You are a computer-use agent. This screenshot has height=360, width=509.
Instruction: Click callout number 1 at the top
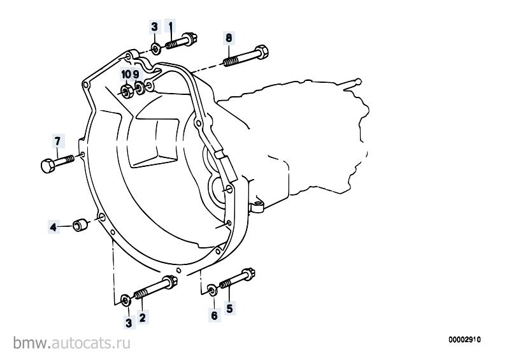(171, 26)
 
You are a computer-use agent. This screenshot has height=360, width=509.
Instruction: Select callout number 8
(229, 38)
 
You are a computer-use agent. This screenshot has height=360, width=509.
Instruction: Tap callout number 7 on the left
(57, 141)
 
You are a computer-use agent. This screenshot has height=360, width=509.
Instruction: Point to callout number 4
(54, 227)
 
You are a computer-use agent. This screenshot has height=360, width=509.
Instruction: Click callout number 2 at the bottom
(142, 317)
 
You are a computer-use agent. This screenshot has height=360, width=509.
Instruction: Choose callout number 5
(229, 308)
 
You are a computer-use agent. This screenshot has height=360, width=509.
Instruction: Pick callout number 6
(214, 315)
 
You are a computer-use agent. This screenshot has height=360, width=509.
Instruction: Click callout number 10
(125, 75)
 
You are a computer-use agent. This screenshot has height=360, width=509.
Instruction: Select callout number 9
(136, 75)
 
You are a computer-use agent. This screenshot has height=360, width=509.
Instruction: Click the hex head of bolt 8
(262, 52)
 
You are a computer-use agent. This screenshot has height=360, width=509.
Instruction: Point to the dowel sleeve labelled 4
(80, 225)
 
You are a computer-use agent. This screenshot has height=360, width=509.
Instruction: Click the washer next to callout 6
(212, 290)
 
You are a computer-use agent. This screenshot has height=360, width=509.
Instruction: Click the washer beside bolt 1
(156, 49)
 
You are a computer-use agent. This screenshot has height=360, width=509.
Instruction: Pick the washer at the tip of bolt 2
(125, 301)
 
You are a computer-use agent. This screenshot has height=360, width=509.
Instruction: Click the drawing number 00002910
(465, 340)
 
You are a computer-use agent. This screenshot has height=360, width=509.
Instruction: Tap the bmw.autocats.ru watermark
(72, 343)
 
